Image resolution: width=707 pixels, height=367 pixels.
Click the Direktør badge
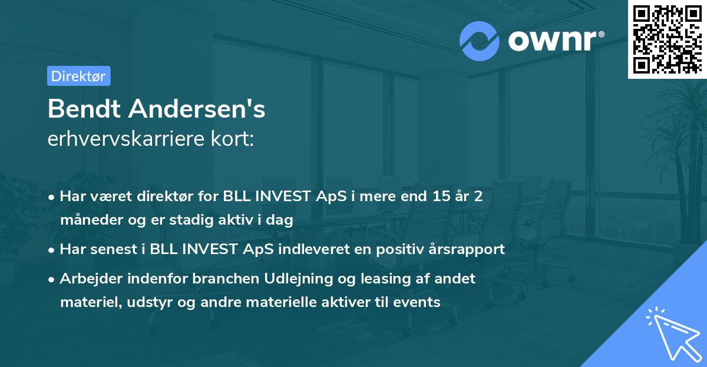(x=78, y=76)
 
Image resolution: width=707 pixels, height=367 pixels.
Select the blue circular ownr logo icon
(x=480, y=41)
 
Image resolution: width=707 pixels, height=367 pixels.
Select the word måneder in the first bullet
(x=88, y=221)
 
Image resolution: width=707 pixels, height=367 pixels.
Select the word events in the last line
(x=421, y=302)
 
